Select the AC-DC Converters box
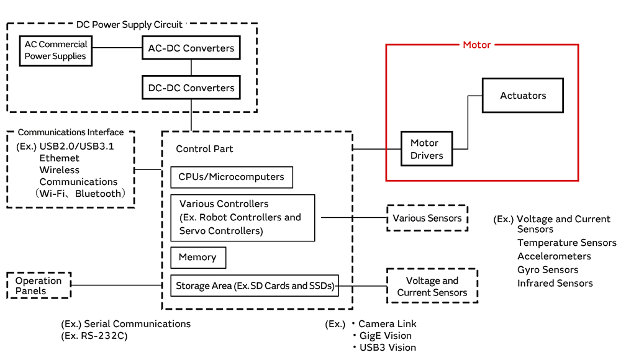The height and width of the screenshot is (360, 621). [x=191, y=48]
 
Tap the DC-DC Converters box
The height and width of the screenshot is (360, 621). [x=191, y=88]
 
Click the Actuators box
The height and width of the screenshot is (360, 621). [x=523, y=96]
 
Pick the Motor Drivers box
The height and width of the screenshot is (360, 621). [x=427, y=149]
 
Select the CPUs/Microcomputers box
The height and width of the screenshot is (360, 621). [x=231, y=177]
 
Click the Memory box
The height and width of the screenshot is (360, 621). [x=197, y=257]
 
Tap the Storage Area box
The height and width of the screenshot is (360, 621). [x=255, y=286]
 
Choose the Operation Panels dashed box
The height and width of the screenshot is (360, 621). [x=39, y=286]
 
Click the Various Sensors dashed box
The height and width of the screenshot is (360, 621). [x=427, y=218]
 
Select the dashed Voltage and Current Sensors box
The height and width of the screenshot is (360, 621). [x=432, y=286]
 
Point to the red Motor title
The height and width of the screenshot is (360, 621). [x=477, y=45]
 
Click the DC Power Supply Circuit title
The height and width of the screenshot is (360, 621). [x=129, y=25]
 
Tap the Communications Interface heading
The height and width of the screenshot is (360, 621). [x=71, y=132]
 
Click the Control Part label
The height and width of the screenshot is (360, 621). [x=204, y=149]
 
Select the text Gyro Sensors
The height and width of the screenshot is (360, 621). [x=548, y=270]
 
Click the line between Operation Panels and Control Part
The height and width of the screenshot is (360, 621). [x=117, y=286]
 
